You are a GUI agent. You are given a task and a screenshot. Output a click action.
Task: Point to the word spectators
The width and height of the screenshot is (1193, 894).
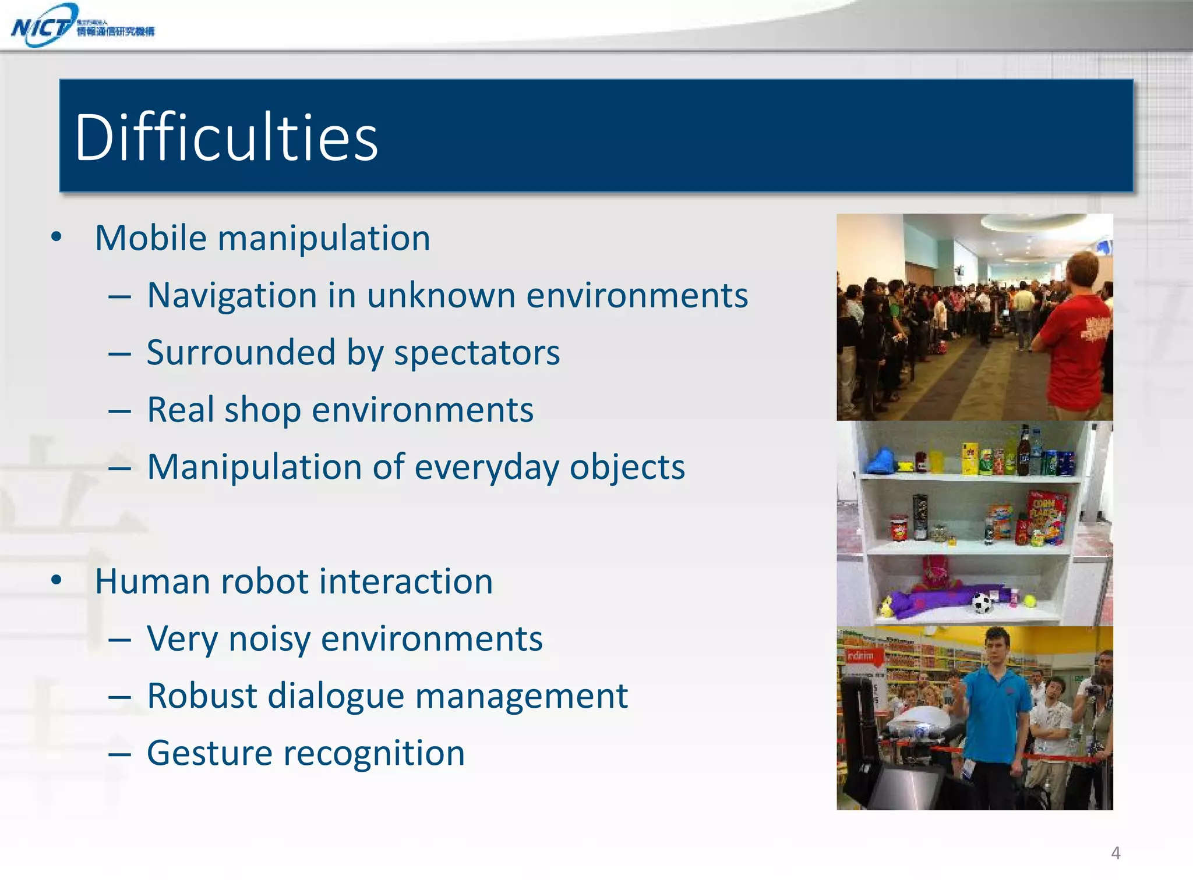tap(477, 353)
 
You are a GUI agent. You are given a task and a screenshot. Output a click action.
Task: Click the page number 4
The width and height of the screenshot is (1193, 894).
tap(1116, 853)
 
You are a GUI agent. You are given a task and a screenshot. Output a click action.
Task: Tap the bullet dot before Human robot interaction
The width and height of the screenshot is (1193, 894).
tap(57, 580)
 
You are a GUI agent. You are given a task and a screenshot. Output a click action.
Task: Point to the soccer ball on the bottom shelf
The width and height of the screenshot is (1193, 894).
tap(982, 603)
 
